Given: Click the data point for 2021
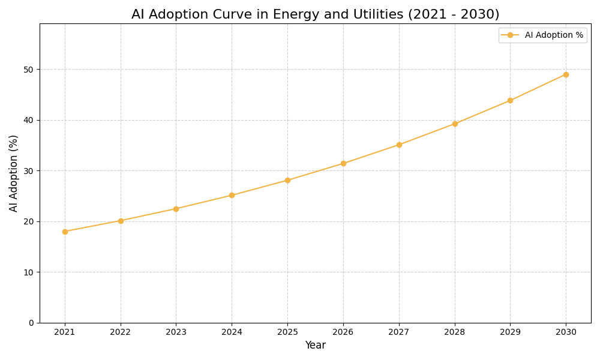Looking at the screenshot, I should click(x=65, y=232).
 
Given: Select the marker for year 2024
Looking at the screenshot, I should click(x=232, y=195).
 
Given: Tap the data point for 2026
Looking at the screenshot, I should click(x=343, y=163).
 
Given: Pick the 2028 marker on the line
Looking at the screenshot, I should click(x=455, y=124).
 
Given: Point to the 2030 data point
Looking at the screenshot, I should click(x=566, y=74).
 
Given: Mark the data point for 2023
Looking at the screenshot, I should click(x=176, y=209).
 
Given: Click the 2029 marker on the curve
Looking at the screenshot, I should click(x=510, y=100).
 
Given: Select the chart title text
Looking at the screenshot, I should click(x=315, y=14).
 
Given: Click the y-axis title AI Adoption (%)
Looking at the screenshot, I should click(x=14, y=173).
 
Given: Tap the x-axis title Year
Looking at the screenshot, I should click(x=315, y=346).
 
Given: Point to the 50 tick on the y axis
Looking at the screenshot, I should click(x=29, y=70).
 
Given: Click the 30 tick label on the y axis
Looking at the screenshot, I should click(x=29, y=171).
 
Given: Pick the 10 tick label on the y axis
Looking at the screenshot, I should click(x=29, y=272).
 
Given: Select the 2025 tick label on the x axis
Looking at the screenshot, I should click(x=287, y=332).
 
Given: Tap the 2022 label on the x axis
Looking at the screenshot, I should click(x=121, y=332).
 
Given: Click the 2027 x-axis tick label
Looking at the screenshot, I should click(x=399, y=332).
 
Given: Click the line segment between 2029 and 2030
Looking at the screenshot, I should click(x=538, y=88).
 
